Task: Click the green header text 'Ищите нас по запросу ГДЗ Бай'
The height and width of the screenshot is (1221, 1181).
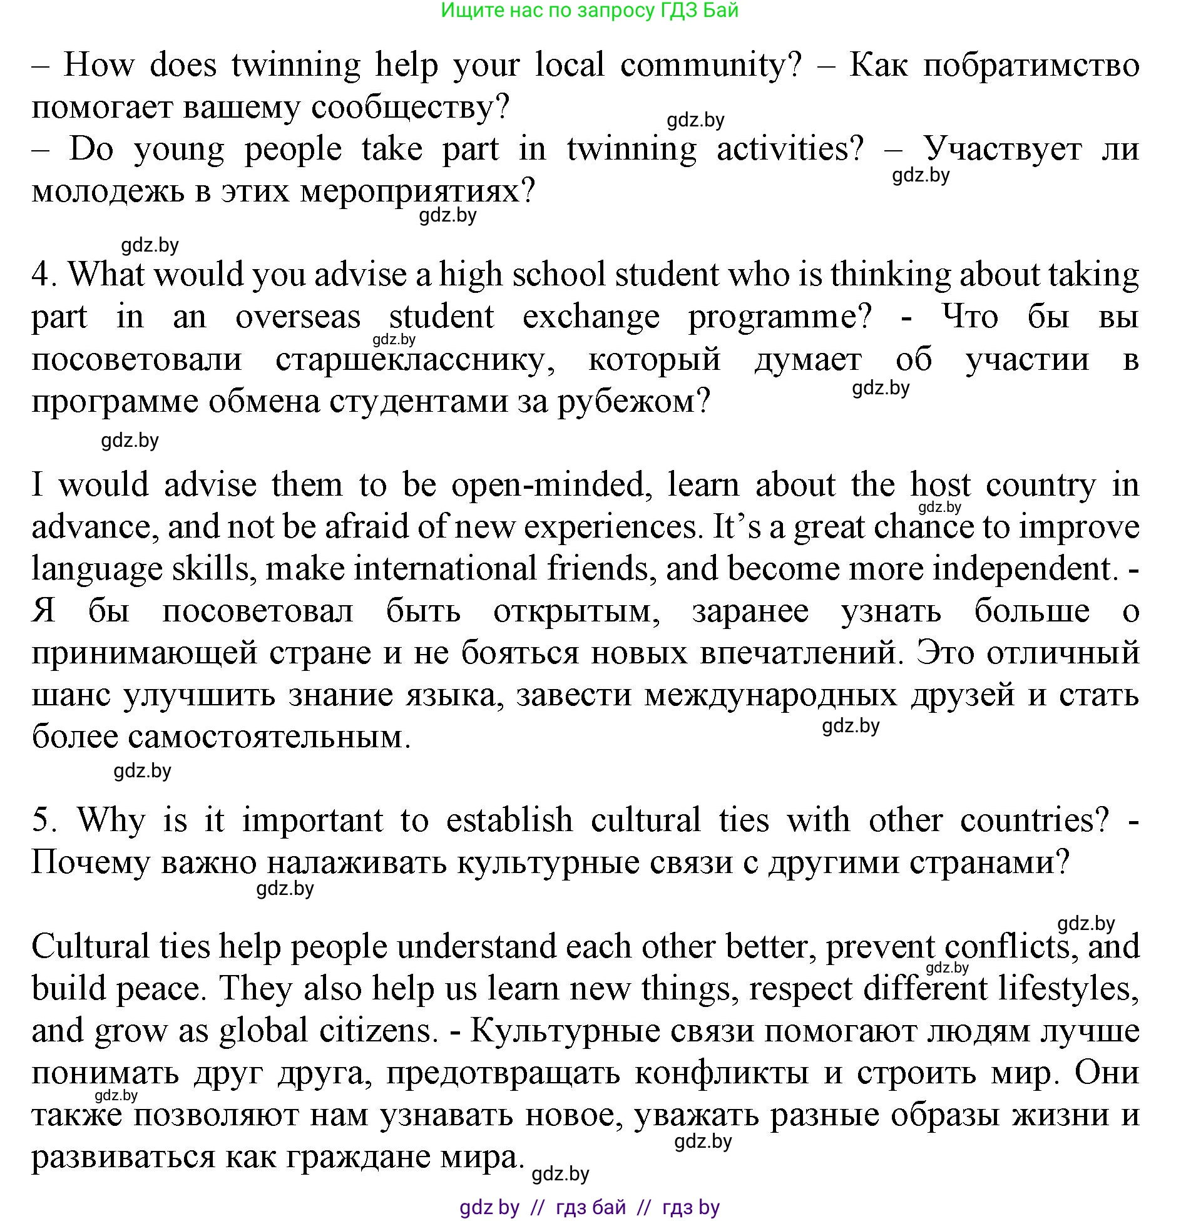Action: click(x=590, y=11)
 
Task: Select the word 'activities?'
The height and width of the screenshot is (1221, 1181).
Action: click(x=790, y=149)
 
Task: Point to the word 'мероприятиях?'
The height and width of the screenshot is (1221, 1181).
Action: click(x=417, y=192)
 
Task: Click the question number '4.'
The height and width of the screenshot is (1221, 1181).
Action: click(x=44, y=275)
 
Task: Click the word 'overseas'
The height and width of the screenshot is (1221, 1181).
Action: click(x=298, y=317)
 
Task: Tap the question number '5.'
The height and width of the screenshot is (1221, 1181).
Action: click(x=44, y=820)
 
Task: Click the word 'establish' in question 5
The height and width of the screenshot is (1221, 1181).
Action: click(x=509, y=820)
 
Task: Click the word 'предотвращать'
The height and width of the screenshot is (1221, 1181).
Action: click(x=503, y=1074)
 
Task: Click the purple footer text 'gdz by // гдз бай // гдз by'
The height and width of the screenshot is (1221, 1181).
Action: click(x=590, y=1207)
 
